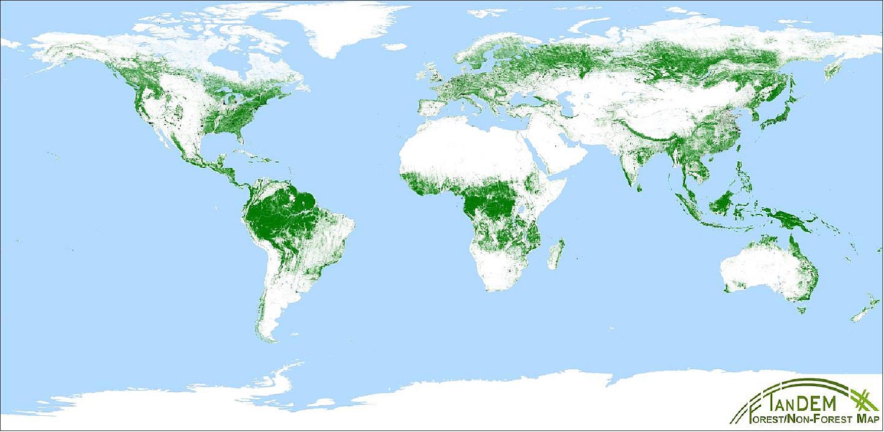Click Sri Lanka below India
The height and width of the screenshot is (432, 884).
639,188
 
